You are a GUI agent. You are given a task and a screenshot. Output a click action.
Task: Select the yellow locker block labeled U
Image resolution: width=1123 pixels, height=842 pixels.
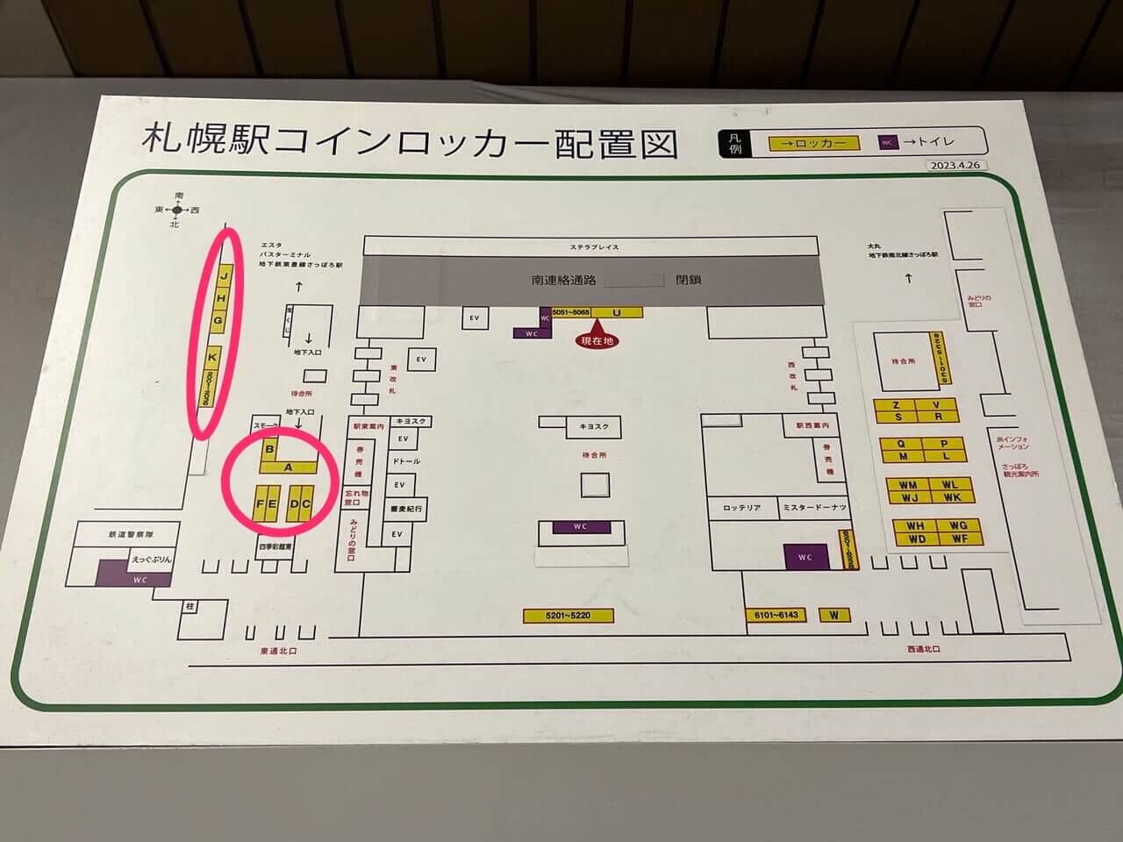[617, 312]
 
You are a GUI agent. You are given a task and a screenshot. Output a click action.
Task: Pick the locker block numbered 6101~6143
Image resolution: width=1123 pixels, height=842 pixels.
[776, 615]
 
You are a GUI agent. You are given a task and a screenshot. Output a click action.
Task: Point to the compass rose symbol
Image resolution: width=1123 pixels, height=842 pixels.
[177, 210]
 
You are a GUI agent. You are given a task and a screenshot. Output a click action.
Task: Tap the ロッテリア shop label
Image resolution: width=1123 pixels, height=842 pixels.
[741, 508]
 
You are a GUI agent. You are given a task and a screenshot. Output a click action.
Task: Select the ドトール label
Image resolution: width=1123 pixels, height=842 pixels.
[404, 461]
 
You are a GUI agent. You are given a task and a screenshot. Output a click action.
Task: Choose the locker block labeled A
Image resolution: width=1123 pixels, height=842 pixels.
[288, 467]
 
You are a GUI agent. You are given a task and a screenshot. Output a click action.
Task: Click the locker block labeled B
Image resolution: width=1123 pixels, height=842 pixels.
[269, 450]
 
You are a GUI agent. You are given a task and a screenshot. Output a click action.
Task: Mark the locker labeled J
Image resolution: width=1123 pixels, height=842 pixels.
[225, 276]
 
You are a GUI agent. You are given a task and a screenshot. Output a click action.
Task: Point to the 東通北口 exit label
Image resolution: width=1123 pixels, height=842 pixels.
[279, 652]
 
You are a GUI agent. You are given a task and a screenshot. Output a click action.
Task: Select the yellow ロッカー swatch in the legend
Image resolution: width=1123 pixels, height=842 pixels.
[814, 143]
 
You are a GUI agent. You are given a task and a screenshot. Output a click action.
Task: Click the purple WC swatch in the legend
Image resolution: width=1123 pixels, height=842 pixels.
[887, 142]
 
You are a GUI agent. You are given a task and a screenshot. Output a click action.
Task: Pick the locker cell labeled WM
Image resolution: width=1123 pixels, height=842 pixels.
[908, 485]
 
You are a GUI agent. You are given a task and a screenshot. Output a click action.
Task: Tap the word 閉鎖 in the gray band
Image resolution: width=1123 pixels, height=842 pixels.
[689, 281]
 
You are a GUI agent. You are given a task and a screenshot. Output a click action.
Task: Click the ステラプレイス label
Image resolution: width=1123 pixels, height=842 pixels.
[593, 247]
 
